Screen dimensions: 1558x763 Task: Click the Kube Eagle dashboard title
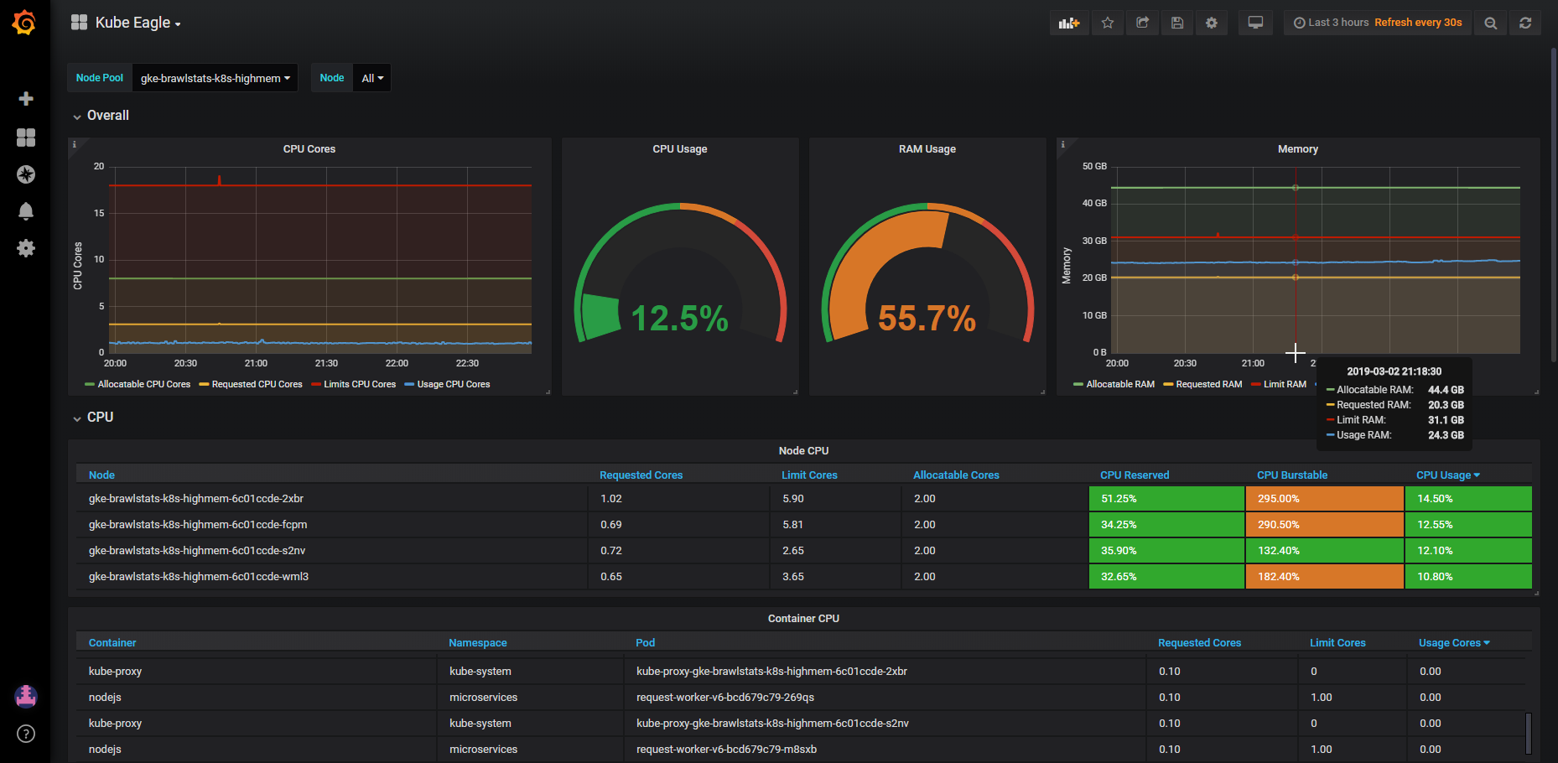(x=132, y=23)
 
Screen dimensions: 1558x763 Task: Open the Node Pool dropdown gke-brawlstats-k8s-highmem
(x=216, y=78)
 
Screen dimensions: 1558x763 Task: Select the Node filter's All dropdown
(x=372, y=78)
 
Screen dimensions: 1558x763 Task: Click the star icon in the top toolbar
(x=1108, y=23)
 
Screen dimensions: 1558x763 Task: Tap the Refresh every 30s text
(x=1418, y=23)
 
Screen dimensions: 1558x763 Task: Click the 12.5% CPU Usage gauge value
(x=679, y=319)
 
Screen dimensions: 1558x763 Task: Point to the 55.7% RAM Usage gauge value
(x=927, y=319)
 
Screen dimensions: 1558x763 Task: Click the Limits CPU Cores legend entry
(x=353, y=384)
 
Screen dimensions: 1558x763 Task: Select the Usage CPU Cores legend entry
(x=447, y=384)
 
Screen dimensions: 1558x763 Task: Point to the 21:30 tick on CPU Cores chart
(x=326, y=363)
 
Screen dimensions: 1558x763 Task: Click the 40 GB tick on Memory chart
(x=1094, y=203)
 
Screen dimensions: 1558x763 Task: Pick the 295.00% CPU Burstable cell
(x=1325, y=498)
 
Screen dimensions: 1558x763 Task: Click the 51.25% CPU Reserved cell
(x=1166, y=498)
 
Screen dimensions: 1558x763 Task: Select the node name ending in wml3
(x=199, y=577)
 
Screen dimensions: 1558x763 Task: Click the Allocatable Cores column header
(x=956, y=475)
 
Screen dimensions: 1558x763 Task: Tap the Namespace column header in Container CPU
(x=478, y=643)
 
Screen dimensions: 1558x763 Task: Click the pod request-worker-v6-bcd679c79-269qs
(x=725, y=698)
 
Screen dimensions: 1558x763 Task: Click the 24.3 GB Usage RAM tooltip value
(x=1446, y=435)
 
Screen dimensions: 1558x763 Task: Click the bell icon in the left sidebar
(x=26, y=211)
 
